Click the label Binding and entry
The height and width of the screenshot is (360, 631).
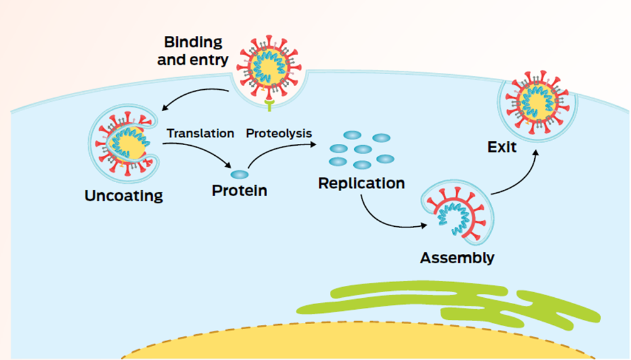click(193, 52)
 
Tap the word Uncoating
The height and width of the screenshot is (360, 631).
click(124, 195)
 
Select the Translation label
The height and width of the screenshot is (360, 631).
click(200, 134)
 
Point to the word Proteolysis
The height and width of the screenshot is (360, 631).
click(278, 134)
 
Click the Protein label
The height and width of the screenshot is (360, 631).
click(239, 190)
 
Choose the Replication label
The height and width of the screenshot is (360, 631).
click(361, 184)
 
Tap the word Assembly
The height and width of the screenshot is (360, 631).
click(457, 258)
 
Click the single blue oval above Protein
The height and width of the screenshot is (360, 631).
click(239, 174)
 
